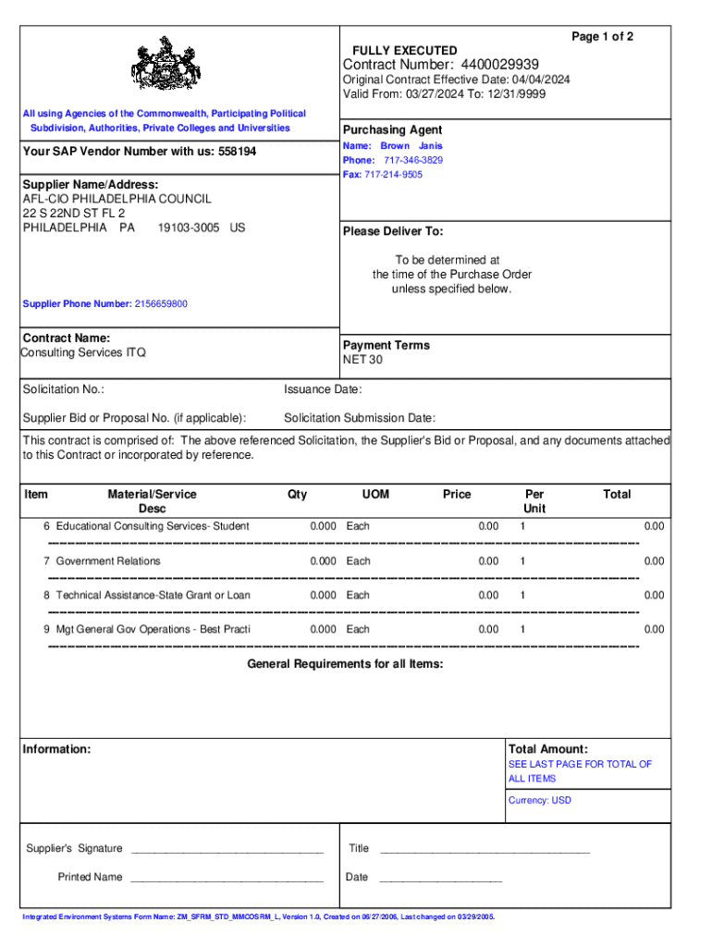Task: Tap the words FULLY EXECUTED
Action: tap(404, 50)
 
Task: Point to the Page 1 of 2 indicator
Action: tap(602, 36)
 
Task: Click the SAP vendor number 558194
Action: tap(237, 151)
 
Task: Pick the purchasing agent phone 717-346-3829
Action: tap(413, 160)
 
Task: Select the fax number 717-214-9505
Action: tap(393, 175)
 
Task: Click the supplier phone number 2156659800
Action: tap(161, 303)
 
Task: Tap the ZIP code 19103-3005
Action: tap(189, 228)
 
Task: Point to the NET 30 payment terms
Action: tap(362, 360)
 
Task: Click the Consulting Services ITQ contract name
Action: tap(84, 352)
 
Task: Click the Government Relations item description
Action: tap(108, 561)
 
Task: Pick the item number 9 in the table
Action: tap(46, 630)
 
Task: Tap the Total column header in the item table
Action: tap(617, 495)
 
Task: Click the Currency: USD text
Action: tap(540, 800)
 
